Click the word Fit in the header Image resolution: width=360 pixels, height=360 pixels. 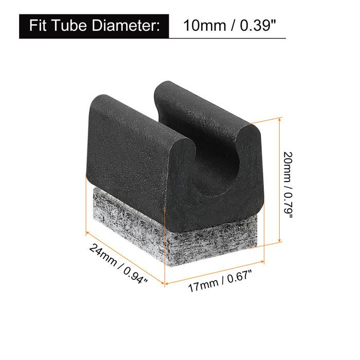37,25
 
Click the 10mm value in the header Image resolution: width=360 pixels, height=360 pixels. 198,25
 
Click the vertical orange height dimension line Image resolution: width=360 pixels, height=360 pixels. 279,180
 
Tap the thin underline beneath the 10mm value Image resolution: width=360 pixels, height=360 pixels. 227,38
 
